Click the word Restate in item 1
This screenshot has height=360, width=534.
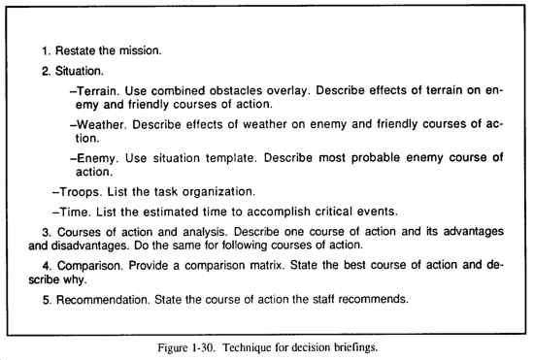pos(77,49)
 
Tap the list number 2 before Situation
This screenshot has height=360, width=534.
pos(46,71)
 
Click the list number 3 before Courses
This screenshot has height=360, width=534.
pos(46,232)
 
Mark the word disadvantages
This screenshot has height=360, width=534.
pos(62,245)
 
